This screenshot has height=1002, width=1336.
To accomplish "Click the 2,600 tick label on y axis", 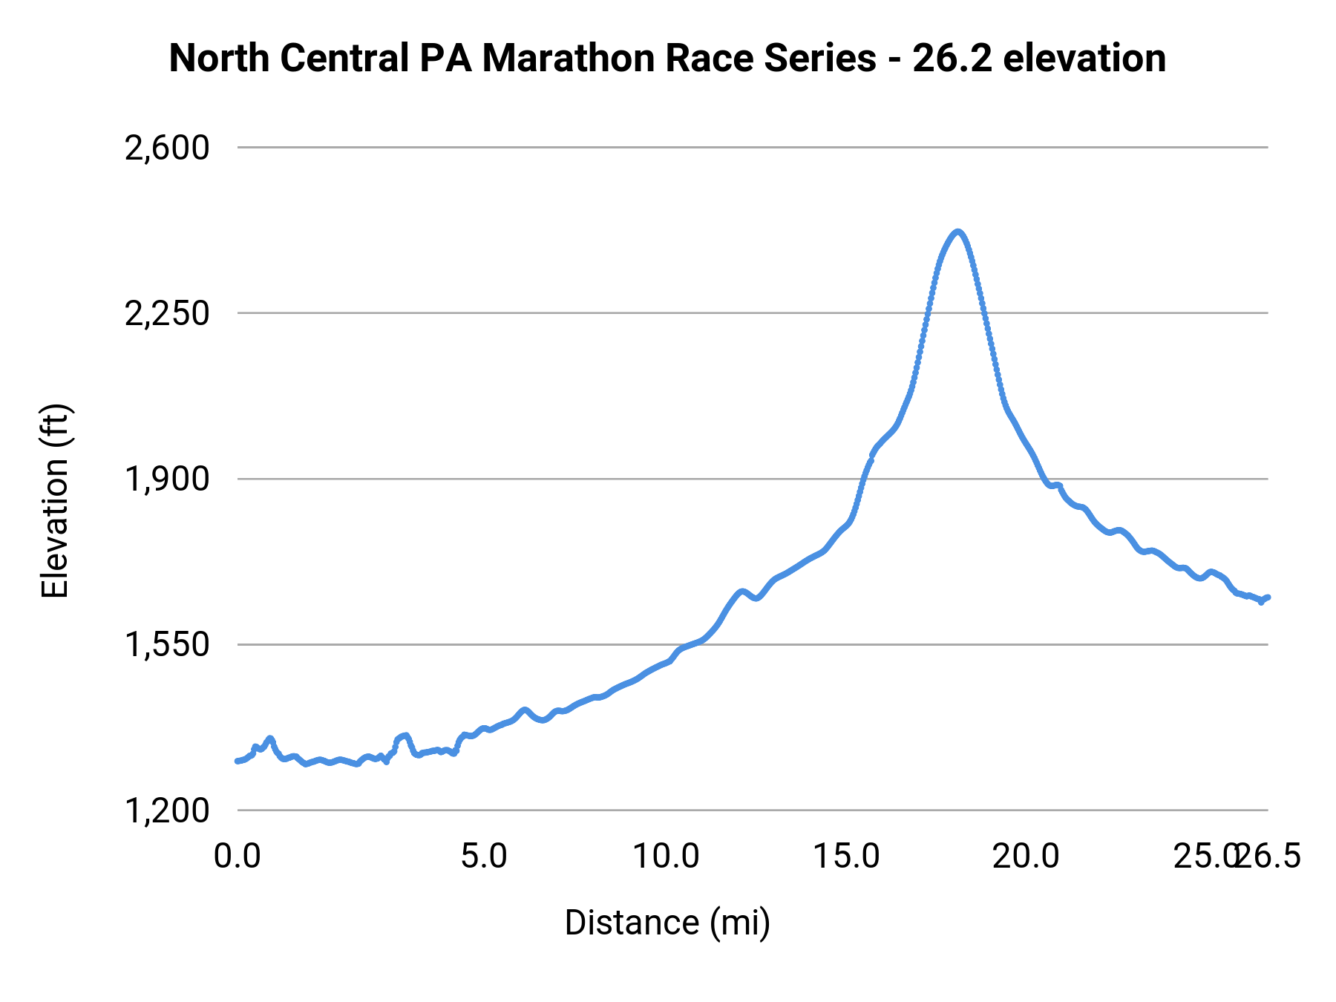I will [167, 148].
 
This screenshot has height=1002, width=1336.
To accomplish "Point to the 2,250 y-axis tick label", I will [167, 313].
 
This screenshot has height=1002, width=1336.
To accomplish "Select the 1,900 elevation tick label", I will [167, 479].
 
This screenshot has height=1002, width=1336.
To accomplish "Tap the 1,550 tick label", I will [167, 645].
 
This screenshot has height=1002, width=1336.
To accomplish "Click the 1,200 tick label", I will [167, 811].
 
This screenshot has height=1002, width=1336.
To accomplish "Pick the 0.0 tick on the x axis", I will [237, 857].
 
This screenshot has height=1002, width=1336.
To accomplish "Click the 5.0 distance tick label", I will [484, 857].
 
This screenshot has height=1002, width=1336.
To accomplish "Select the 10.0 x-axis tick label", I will [666, 857].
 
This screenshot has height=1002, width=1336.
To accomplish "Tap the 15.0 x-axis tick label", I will [846, 857].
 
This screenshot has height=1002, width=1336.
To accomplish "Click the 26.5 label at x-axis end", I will [1271, 857].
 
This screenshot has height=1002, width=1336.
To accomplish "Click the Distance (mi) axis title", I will [667, 923].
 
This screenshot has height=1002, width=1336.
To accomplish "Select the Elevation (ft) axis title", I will [55, 501].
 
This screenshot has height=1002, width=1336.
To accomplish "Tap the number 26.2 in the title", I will [952, 59].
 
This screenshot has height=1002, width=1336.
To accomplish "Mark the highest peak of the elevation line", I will [958, 232].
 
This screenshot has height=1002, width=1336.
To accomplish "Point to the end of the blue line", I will [1268, 597].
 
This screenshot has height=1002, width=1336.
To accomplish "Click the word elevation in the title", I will [1084, 59].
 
